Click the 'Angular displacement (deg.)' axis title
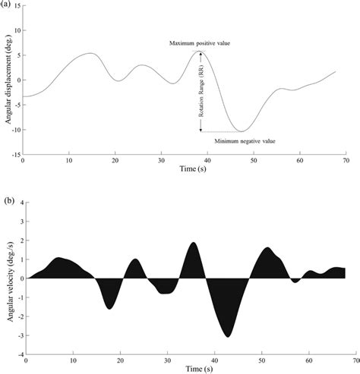click(x=6, y=80)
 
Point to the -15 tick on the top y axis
click(x=14, y=154)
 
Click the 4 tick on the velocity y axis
click(x=18, y=203)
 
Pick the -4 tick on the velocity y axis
click(x=17, y=354)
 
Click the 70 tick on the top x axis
click(x=346, y=161)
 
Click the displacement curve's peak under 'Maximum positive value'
click(x=199, y=52)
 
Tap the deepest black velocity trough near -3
click(x=227, y=337)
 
